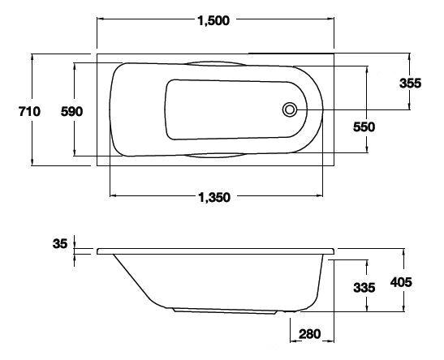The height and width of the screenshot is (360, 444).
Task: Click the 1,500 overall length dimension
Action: click(x=213, y=20)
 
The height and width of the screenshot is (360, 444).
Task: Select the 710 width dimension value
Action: click(x=29, y=111)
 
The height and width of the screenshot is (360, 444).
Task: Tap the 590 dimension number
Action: click(x=71, y=112)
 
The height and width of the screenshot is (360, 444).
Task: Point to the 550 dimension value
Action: click(x=364, y=127)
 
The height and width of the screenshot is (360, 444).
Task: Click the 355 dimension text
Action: click(x=410, y=84)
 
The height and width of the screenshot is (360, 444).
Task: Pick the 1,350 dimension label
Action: click(x=214, y=197)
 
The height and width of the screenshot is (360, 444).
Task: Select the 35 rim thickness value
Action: click(x=60, y=243)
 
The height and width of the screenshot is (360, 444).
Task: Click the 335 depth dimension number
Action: click(x=364, y=288)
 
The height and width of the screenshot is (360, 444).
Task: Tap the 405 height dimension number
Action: click(x=401, y=282)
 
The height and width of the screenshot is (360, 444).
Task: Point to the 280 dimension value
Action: click(x=310, y=334)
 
